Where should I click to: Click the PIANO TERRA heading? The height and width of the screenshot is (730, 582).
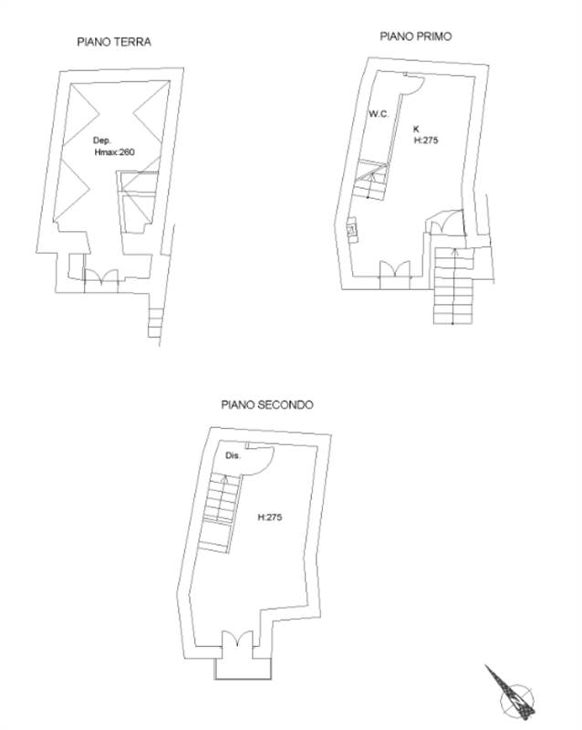pyautogui.click(x=114, y=42)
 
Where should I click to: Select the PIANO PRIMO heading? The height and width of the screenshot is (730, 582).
pyautogui.click(x=416, y=36)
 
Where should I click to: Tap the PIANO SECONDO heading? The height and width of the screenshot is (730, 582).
pyautogui.click(x=267, y=404)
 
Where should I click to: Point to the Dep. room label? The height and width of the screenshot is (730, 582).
pyautogui.click(x=102, y=141)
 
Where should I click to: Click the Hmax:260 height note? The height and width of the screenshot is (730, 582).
pyautogui.click(x=115, y=151)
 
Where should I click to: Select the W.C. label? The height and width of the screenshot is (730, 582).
pyautogui.click(x=379, y=114)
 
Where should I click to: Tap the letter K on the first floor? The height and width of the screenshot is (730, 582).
pyautogui.click(x=416, y=129)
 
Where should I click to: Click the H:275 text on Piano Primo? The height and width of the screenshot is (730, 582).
pyautogui.click(x=426, y=141)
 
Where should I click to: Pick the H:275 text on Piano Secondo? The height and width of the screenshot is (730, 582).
pyautogui.click(x=270, y=517)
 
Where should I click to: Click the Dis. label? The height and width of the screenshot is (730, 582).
pyautogui.click(x=233, y=455)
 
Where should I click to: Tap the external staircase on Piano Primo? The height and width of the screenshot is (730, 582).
pyautogui.click(x=454, y=286)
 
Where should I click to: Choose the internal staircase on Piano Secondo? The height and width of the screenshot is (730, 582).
pyautogui.click(x=220, y=512)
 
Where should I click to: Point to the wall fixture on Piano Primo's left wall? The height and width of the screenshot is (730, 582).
pyautogui.click(x=352, y=230)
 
